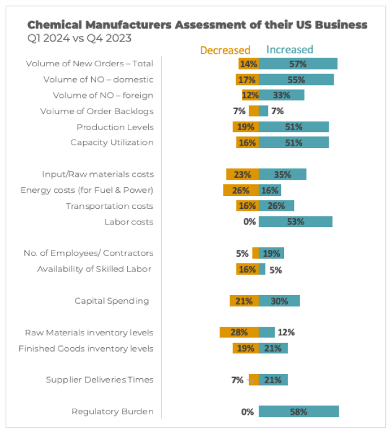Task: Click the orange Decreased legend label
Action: [225, 50]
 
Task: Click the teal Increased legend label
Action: [290, 50]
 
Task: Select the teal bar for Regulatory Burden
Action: [298, 412]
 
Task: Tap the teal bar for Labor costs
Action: [295, 222]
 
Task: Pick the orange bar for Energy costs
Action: [241, 190]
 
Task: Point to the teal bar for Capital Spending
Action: [279, 301]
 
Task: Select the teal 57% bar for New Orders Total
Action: [298, 64]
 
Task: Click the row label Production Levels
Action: [115, 127]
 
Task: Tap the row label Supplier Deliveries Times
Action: [99, 379]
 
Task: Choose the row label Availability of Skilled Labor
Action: [94, 268]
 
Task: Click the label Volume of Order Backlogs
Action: [97, 112]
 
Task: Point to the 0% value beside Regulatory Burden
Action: [248, 412]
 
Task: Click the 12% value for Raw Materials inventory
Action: [286, 332]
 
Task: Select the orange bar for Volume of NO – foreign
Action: [250, 95]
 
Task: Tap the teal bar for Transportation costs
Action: [276, 206]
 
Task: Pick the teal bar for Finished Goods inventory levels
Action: [273, 348]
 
